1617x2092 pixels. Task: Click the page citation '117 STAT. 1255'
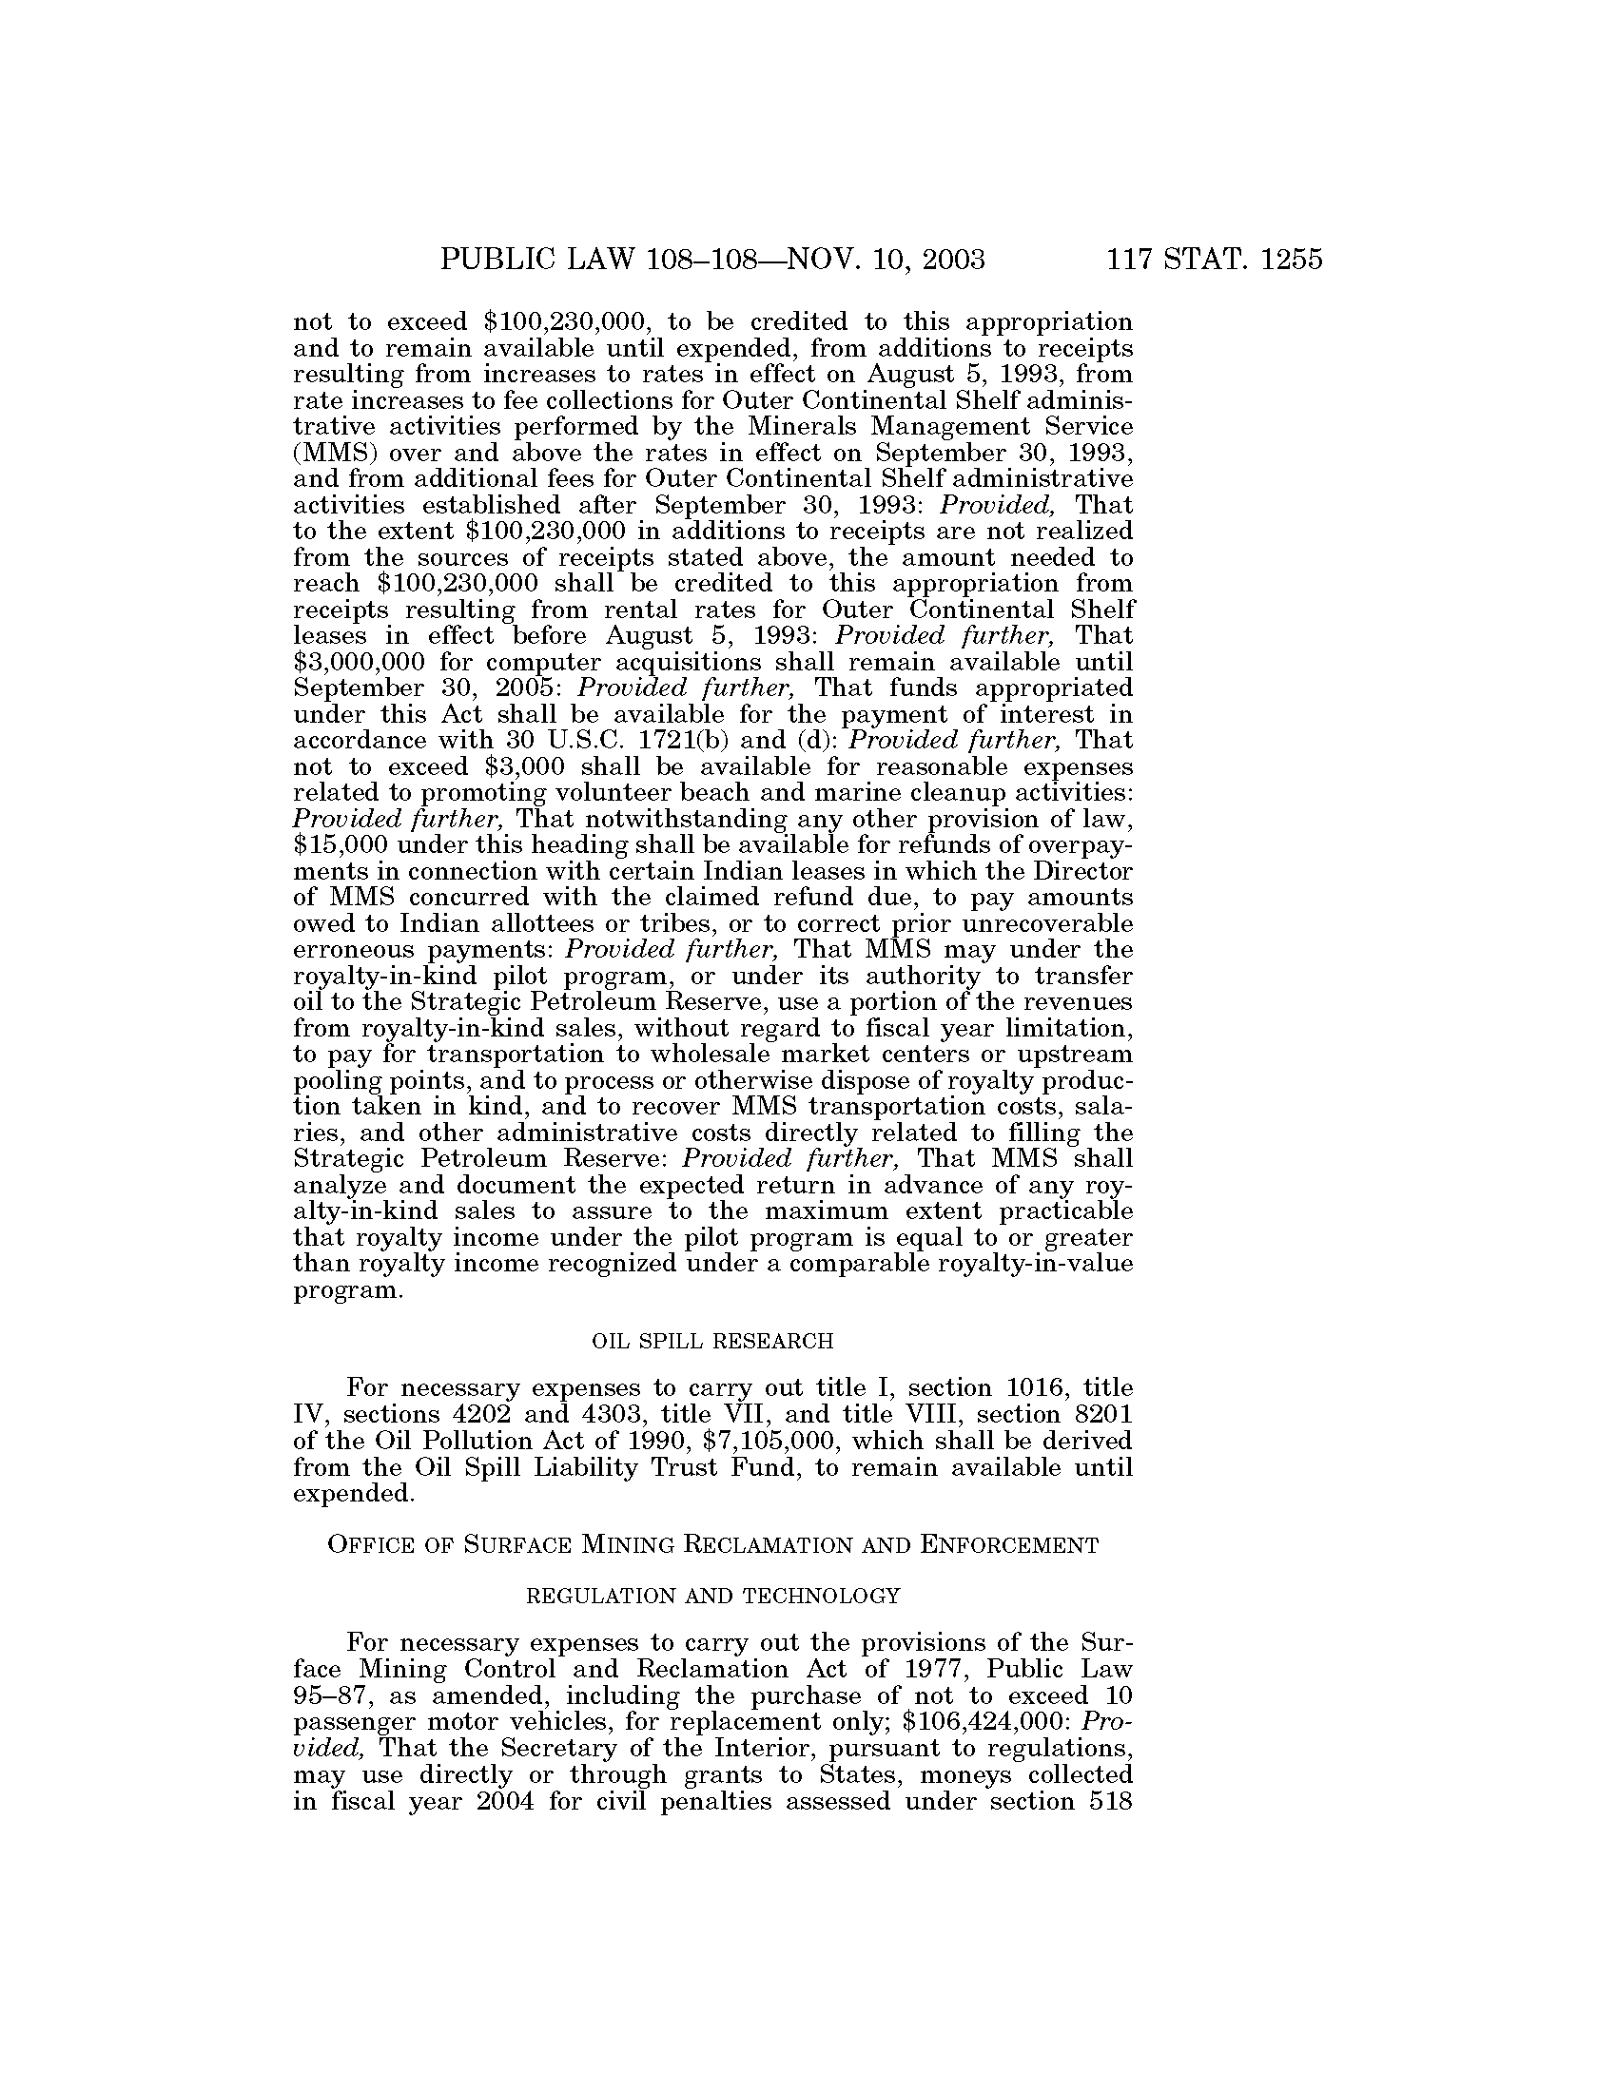1214,260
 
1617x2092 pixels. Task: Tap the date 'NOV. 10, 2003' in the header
886,260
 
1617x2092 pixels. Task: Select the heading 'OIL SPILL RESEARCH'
712,1342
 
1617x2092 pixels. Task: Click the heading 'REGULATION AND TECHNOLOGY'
713,1596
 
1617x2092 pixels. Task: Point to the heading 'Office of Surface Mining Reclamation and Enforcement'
712,1545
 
